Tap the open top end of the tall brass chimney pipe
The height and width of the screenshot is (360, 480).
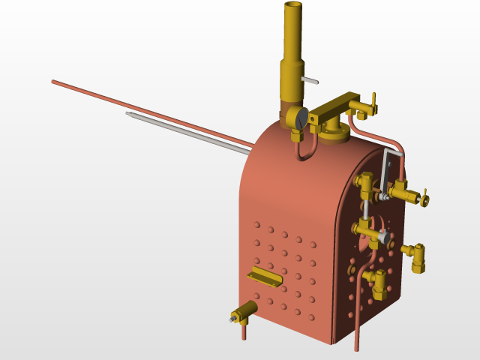point(293,7)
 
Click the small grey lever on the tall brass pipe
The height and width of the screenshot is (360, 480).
point(310,79)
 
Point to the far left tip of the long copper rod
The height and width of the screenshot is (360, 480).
point(53,81)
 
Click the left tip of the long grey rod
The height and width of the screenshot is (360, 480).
point(128,114)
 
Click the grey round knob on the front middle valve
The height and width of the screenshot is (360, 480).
point(386,239)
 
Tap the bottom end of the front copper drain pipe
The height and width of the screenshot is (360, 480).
point(356,347)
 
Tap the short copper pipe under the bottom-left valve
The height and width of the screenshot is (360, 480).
point(244,331)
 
